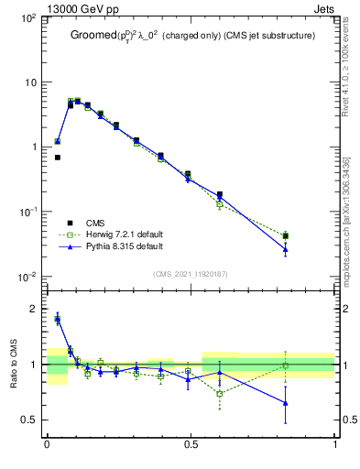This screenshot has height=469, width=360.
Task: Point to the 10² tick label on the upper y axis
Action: click(28, 17)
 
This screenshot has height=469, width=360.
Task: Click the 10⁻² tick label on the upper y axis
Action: click(28, 277)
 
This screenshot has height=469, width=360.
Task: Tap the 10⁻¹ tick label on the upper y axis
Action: click(28, 212)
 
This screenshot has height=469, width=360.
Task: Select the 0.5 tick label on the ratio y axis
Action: click(27, 420)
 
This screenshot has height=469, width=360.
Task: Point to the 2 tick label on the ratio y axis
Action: click(33, 310)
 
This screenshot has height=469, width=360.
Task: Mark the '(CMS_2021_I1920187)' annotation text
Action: click(191, 273)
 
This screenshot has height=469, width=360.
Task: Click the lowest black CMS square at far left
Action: click(57, 158)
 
